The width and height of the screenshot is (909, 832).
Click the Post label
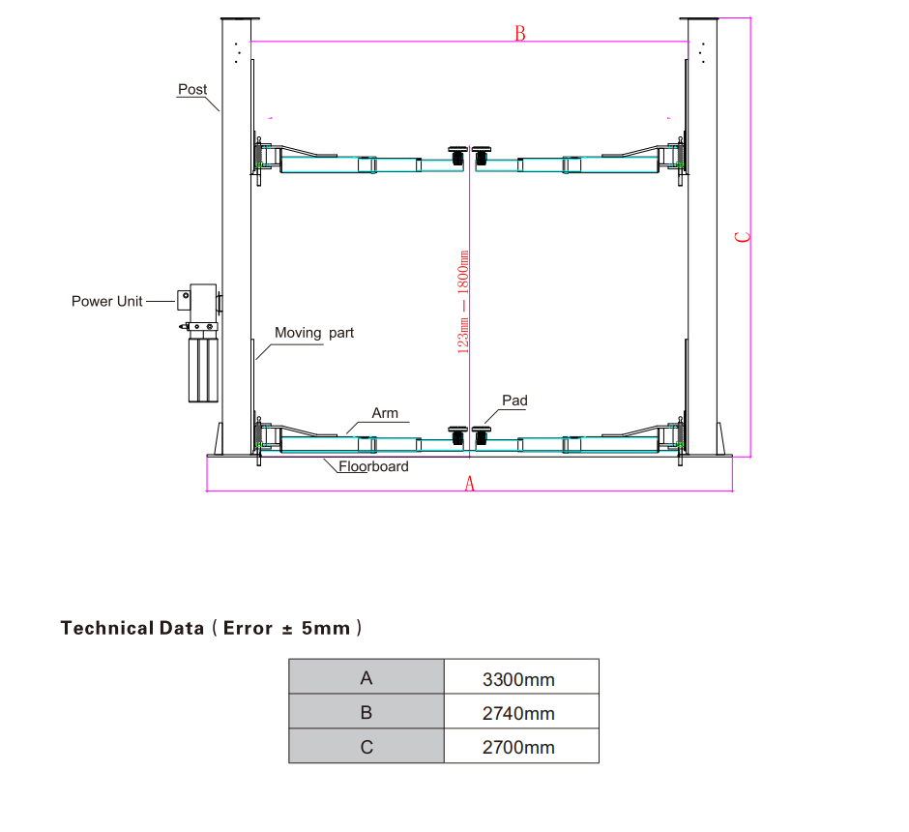192,89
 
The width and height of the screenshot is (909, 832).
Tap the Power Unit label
106,301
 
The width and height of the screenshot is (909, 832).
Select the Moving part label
314,333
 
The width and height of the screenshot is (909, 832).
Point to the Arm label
385,413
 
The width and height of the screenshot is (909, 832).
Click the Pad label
514,401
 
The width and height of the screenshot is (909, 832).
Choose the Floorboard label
373,466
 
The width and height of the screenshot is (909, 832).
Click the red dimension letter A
470,483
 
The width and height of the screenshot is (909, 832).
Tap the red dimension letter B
520,34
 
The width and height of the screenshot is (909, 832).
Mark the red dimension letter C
743,237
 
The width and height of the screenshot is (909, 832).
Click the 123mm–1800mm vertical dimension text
463,302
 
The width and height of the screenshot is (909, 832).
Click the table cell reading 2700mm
521,746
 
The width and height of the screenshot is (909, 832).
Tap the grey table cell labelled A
367,676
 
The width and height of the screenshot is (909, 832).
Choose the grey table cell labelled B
367,711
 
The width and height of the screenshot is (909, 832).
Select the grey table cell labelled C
367,746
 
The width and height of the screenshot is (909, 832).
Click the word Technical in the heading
107,628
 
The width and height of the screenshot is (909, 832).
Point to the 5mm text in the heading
325,628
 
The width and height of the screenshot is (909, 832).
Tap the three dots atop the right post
702,53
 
